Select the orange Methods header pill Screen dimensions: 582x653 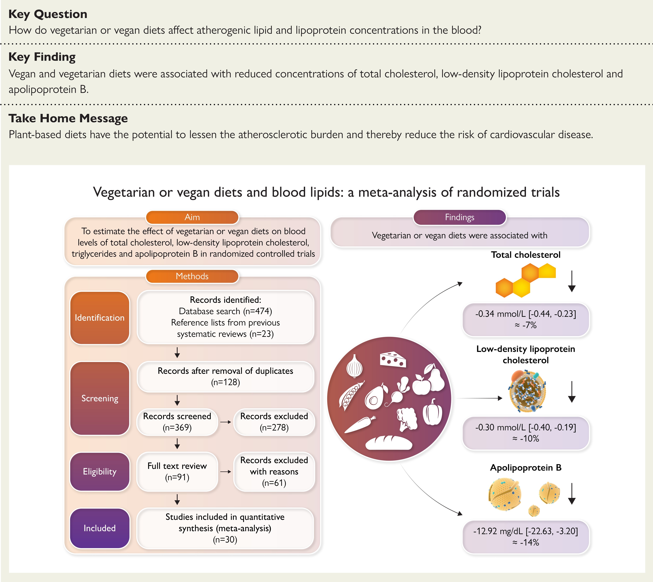click(192, 276)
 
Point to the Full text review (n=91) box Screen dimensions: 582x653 click(177, 472)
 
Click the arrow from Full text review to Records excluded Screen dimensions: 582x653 click(226, 472)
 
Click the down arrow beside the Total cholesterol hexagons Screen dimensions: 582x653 click(572, 281)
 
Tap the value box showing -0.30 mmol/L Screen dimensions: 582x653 click(526, 433)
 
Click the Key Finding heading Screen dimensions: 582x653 click(42, 57)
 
